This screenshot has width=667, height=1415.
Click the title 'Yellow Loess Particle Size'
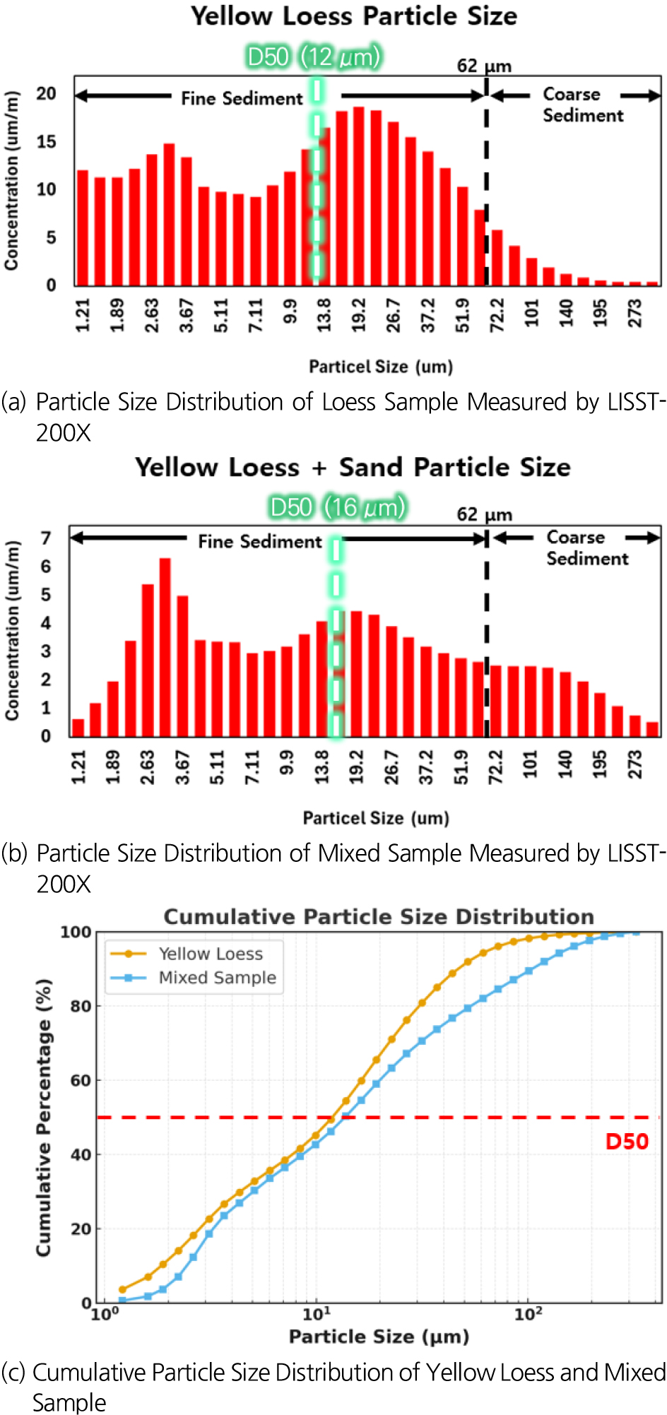click(353, 16)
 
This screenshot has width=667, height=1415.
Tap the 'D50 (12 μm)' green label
click(314, 57)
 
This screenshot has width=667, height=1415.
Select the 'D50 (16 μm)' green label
click(338, 507)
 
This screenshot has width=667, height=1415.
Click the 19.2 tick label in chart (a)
click(359, 315)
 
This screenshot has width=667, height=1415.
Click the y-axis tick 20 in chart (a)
click(47, 94)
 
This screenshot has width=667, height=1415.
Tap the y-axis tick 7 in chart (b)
click(46, 538)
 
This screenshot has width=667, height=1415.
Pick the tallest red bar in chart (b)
click(165, 646)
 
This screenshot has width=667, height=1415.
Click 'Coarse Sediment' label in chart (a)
click(582, 105)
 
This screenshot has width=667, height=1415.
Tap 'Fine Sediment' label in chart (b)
click(259, 542)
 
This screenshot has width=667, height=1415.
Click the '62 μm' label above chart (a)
click(484, 66)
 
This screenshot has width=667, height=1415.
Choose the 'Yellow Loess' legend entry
click(210, 954)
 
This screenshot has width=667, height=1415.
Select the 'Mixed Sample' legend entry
click(217, 978)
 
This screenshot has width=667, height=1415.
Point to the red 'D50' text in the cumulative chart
click(627, 1142)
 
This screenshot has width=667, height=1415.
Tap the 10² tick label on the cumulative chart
click(528, 1315)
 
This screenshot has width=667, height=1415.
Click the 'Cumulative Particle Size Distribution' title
click(379, 917)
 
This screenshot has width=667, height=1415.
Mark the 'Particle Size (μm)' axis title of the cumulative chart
click(379, 1337)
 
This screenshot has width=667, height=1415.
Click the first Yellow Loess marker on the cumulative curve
click(122, 1289)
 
